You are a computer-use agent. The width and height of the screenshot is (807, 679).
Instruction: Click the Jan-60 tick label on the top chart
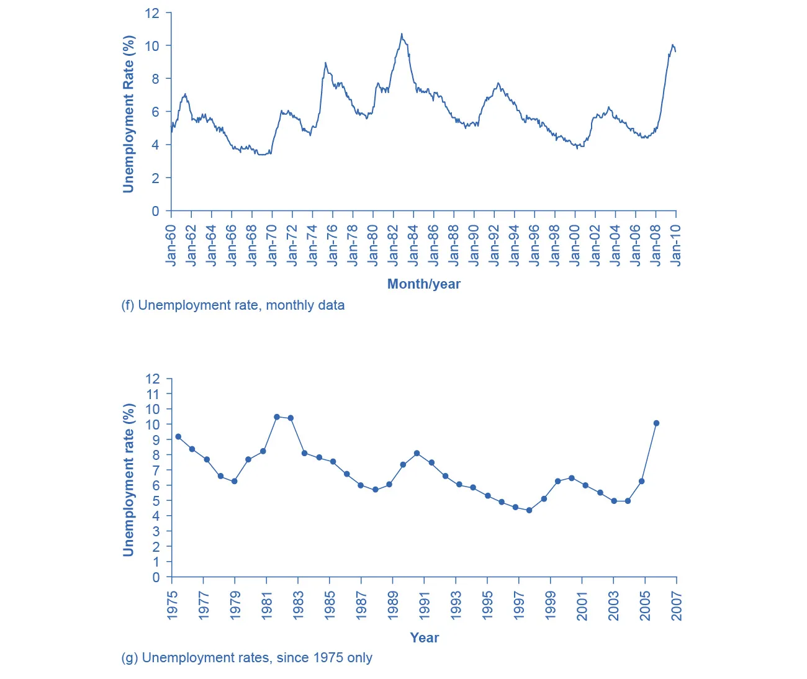(x=171, y=245)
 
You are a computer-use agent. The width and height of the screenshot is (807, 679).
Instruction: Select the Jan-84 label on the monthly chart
(x=413, y=245)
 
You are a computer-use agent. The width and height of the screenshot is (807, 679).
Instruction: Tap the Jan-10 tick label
(x=676, y=245)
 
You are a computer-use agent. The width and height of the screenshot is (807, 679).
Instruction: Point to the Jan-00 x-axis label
(x=575, y=245)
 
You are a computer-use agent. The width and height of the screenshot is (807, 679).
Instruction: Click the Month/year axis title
(x=423, y=284)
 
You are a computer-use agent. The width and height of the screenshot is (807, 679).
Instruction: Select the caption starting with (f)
(x=233, y=305)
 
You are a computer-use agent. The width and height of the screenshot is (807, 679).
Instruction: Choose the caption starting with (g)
(x=246, y=658)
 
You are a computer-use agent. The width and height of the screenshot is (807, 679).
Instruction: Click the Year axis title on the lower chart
(x=424, y=637)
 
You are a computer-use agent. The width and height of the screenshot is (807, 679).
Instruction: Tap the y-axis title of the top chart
(x=128, y=114)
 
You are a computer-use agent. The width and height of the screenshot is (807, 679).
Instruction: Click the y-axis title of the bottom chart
(x=128, y=480)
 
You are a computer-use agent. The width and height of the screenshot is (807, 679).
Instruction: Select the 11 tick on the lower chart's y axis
(x=152, y=394)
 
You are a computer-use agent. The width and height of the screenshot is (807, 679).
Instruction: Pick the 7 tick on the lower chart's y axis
(x=156, y=470)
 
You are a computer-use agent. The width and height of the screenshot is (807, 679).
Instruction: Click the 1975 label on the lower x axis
(x=172, y=606)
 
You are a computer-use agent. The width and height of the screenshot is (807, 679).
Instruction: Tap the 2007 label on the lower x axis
(x=677, y=606)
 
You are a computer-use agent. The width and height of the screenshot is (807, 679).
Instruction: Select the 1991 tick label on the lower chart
(x=425, y=606)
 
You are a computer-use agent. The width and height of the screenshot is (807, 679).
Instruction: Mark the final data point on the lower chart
(x=656, y=423)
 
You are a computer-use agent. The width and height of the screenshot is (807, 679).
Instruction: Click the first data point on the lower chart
(x=178, y=436)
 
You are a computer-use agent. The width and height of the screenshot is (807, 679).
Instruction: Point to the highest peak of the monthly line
(x=402, y=34)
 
